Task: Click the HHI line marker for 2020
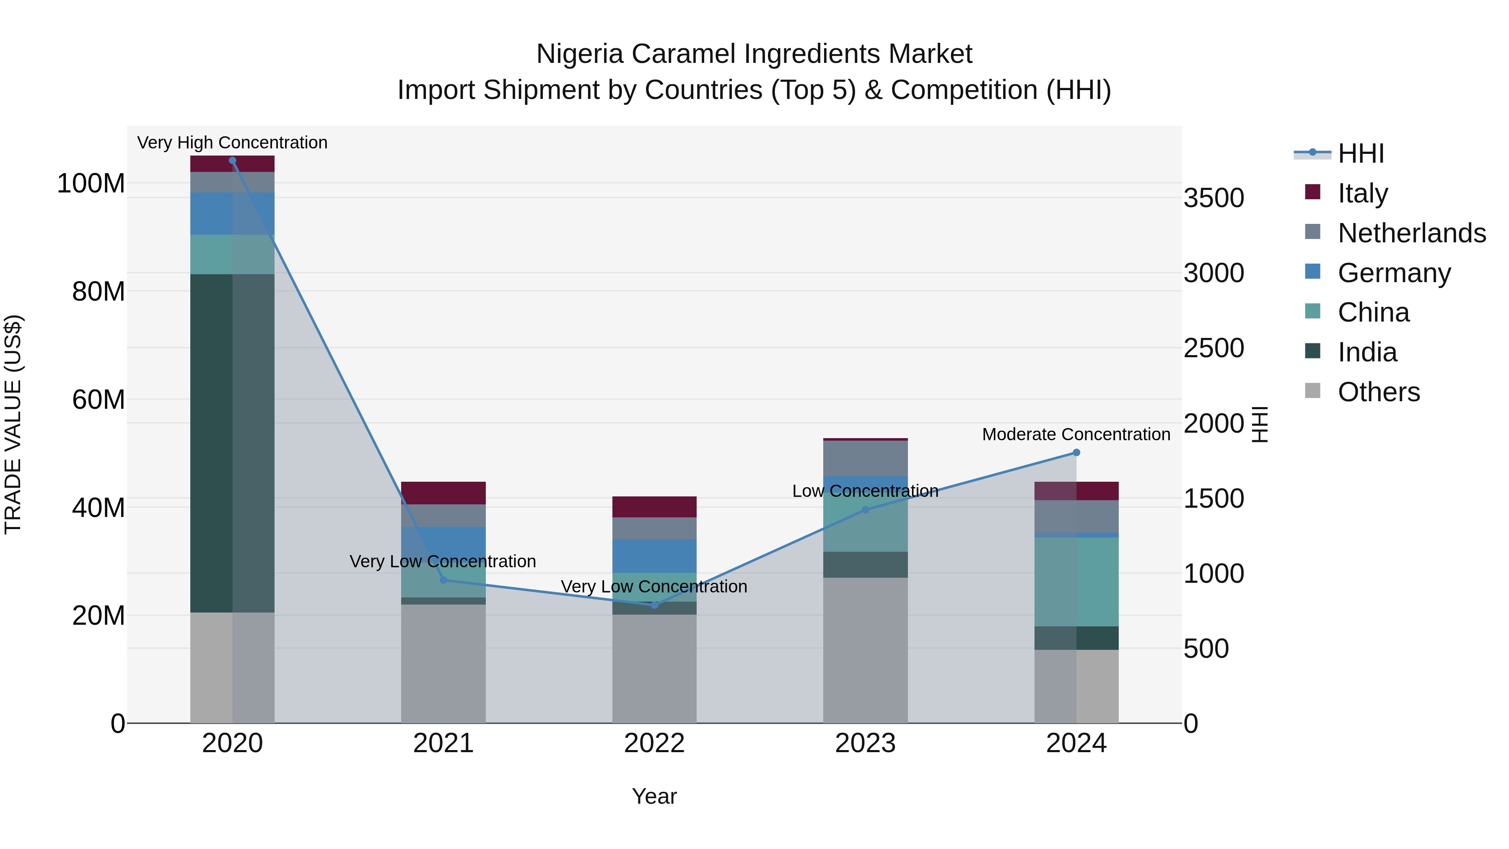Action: [x=233, y=161]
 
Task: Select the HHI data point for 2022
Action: [x=654, y=605]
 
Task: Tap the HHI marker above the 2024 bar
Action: [x=1076, y=452]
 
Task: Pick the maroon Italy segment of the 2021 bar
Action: [x=443, y=493]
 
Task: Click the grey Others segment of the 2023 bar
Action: [x=865, y=650]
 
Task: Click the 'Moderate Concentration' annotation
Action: [x=1076, y=434]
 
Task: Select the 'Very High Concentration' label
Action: [x=233, y=143]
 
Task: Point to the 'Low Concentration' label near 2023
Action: [x=865, y=491]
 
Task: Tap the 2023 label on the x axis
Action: [x=865, y=743]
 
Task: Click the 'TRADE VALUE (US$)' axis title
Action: [x=13, y=424]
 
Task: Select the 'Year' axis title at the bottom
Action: [x=654, y=796]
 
